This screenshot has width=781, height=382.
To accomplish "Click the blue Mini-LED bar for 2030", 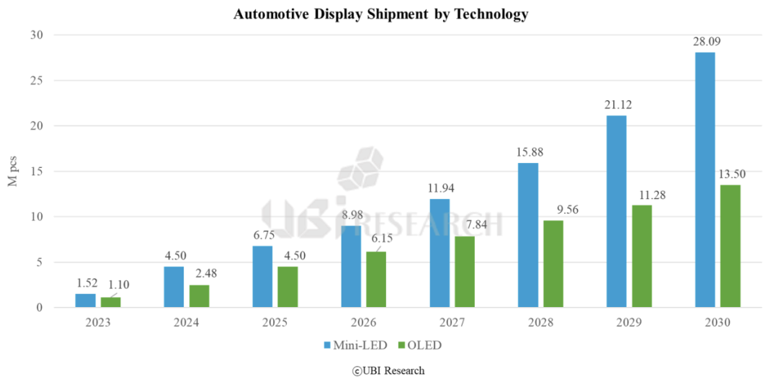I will pyautogui.click(x=705, y=180).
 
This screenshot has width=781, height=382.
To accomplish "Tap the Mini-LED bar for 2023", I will pyautogui.click(x=85, y=301).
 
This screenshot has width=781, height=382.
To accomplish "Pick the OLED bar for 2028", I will pyautogui.click(x=553, y=264).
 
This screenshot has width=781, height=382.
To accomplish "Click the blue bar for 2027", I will pyautogui.click(x=439, y=253).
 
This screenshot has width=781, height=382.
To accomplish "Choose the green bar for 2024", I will pyautogui.click(x=200, y=296).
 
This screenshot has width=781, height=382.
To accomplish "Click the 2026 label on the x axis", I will pyautogui.click(x=364, y=323).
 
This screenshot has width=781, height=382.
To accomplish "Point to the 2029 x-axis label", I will pyautogui.click(x=629, y=323).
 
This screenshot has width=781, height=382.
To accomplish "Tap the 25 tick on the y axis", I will pyautogui.click(x=37, y=81).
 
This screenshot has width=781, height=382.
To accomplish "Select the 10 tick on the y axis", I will pyautogui.click(x=37, y=217).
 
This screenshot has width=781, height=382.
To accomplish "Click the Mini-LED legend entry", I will pyautogui.click(x=358, y=345).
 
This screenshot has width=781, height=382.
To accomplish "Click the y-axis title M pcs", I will pyautogui.click(x=13, y=171).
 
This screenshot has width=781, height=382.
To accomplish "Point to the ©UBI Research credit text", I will pyautogui.click(x=388, y=370).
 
